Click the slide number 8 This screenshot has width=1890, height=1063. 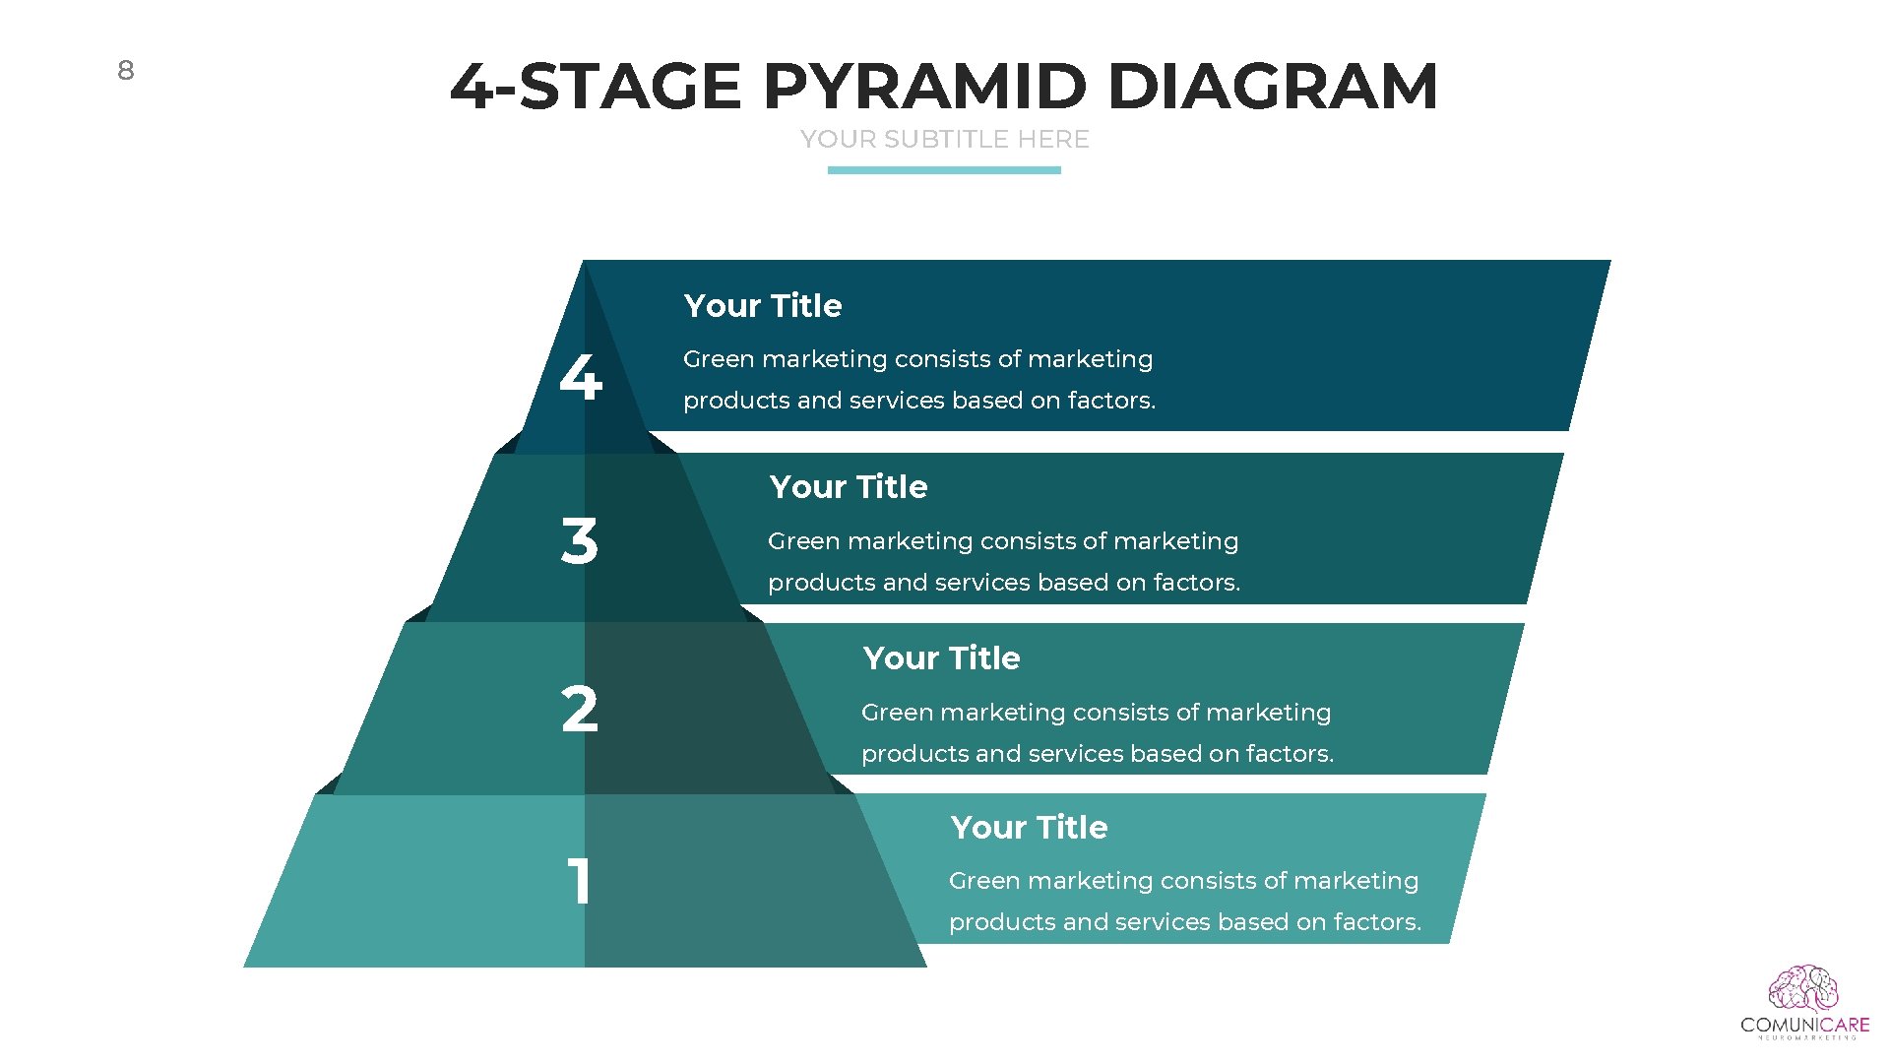[125, 70]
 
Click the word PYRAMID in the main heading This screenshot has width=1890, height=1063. [924, 87]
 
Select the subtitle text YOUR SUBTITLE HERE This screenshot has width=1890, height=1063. [944, 140]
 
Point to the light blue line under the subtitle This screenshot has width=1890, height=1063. [944, 170]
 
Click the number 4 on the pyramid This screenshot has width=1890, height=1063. [580, 377]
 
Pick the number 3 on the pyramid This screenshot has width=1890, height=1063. [579, 541]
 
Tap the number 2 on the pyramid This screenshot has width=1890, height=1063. [579, 709]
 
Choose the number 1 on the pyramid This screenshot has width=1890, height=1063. [579, 880]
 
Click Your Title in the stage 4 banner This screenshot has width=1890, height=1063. [763, 306]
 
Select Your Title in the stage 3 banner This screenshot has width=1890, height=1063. [848, 487]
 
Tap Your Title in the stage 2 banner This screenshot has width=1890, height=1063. [941, 658]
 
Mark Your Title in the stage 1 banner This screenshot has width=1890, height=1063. [1029, 828]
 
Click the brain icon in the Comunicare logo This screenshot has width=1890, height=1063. [1803, 988]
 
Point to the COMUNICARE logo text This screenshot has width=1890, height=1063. [1804, 1025]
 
